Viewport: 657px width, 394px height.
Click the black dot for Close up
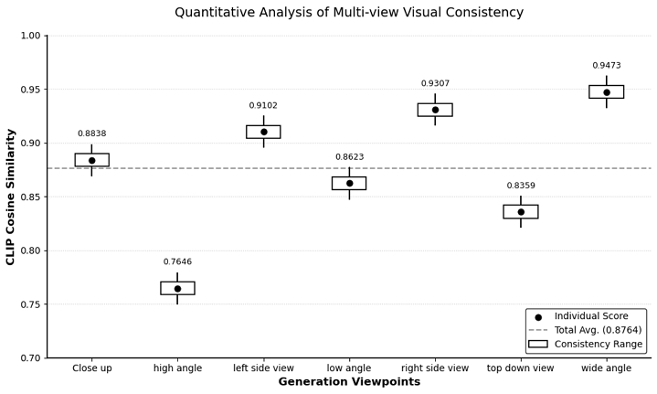[x=91, y=160]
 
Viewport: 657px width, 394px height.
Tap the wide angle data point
[x=607, y=91]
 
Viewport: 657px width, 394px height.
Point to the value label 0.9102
[x=263, y=106]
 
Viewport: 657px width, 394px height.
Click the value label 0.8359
[x=521, y=186]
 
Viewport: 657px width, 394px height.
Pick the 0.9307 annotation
[x=435, y=84]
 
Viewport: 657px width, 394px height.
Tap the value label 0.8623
[x=349, y=157]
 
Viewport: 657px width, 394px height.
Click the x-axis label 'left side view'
[x=263, y=368]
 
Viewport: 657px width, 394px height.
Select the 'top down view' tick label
[x=521, y=368]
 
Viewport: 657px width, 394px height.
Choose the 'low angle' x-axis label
[x=349, y=368]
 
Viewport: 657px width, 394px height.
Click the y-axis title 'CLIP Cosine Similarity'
[x=11, y=197]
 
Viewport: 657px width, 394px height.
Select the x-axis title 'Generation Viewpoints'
[x=349, y=382]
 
